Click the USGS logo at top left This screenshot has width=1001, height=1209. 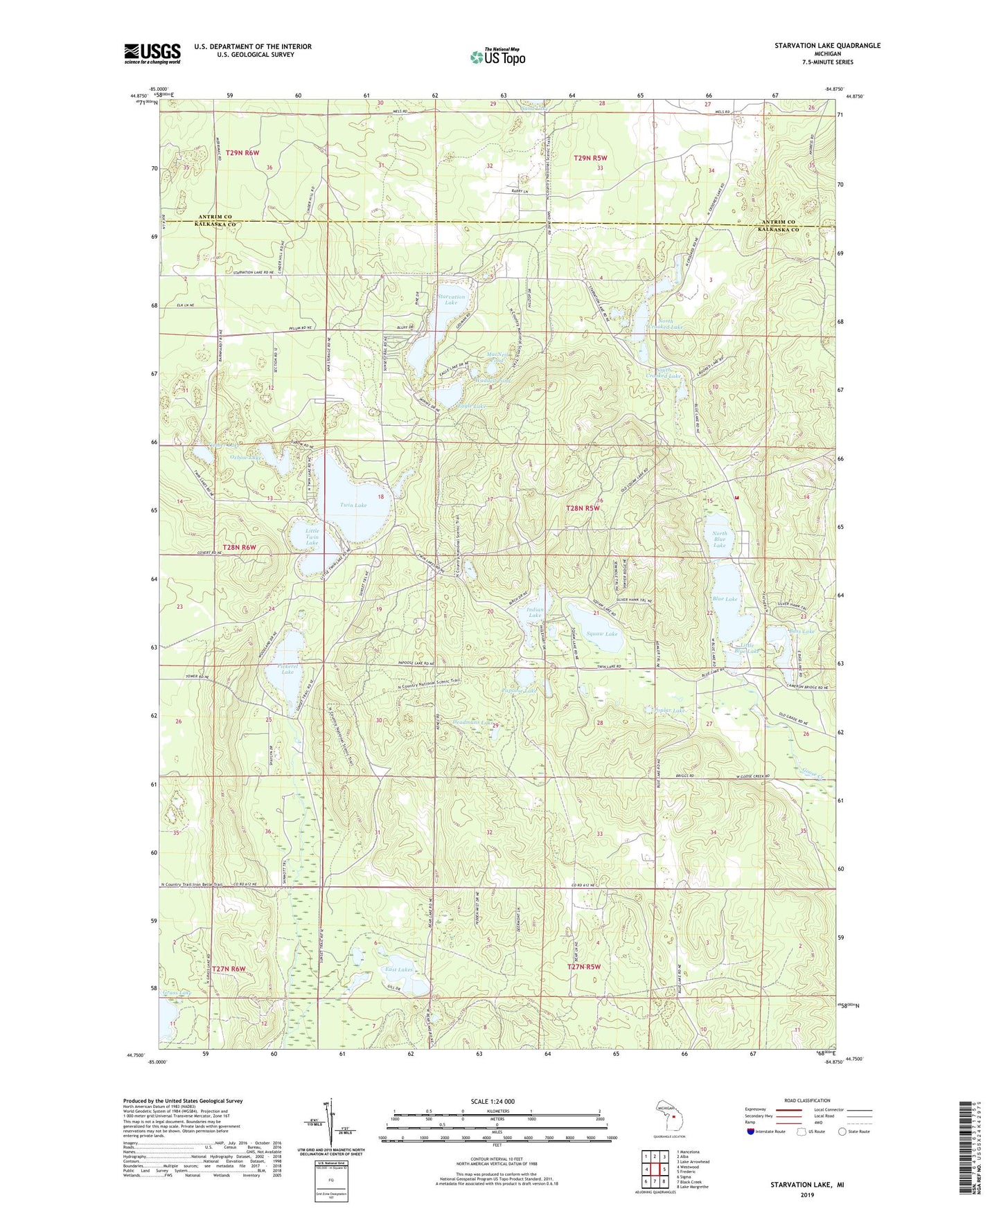pos(152,53)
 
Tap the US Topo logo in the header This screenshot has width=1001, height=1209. pos(497,57)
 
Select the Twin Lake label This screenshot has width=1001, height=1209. pos(353,505)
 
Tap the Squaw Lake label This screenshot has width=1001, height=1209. pos(601,634)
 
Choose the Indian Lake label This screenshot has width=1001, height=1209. pos(535,612)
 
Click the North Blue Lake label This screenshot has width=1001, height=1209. pos(720,539)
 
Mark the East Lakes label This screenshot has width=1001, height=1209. pos(399,969)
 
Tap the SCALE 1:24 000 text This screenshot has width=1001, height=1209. pos(495,1101)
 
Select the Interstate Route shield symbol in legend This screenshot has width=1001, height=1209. pos(752,1131)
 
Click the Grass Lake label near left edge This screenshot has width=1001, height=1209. pos(176,993)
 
